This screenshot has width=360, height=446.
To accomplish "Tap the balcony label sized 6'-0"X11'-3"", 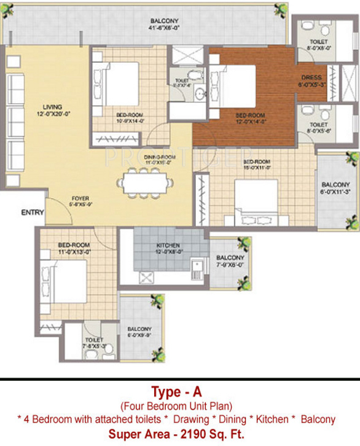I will coord(335,187).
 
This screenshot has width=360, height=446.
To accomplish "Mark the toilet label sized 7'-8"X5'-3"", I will coord(95,343).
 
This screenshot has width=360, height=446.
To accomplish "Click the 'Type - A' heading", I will coord(179,391).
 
